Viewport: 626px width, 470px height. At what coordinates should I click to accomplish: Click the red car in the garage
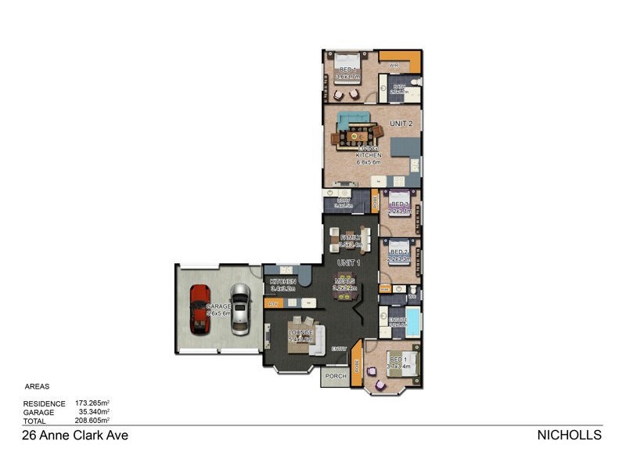[x=200, y=309]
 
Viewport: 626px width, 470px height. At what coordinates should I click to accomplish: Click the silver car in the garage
[x=240, y=308]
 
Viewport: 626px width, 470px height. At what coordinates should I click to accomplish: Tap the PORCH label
[x=336, y=377]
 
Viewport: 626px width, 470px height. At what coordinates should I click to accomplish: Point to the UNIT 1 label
[x=348, y=262]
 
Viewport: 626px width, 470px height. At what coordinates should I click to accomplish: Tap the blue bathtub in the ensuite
[x=412, y=321]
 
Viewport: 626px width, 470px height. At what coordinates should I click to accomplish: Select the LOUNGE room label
[x=300, y=332]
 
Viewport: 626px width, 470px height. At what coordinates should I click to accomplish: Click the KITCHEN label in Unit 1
[x=282, y=281]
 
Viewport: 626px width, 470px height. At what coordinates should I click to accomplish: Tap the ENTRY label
[x=340, y=349]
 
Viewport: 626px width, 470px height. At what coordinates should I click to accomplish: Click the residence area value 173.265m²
[x=92, y=403]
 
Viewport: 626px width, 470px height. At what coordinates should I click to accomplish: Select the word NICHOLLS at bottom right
[x=569, y=436]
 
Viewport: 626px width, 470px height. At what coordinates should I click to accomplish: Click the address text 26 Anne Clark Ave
[x=74, y=436]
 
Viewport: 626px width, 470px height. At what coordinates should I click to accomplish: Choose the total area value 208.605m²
[x=92, y=420]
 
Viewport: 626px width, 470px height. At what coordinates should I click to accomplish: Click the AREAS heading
[x=38, y=387]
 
